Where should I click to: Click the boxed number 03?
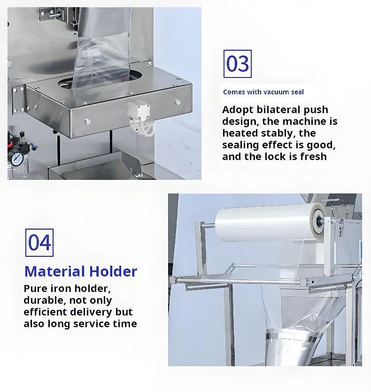[x=238, y=64]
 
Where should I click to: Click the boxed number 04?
[x=39, y=243]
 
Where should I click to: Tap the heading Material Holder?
[x=81, y=271]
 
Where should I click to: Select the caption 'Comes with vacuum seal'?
[x=263, y=92]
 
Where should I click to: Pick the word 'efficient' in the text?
[x=45, y=312]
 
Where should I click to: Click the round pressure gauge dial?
[x=17, y=159]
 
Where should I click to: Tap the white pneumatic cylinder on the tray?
[x=139, y=110]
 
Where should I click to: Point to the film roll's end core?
[x=319, y=221]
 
